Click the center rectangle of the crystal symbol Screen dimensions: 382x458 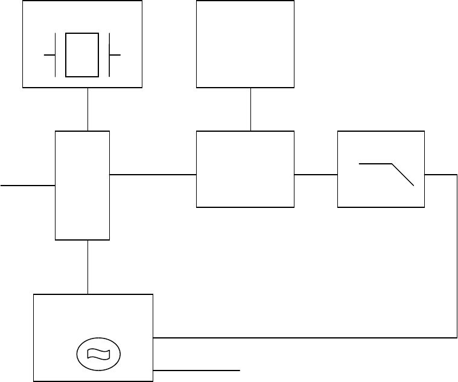click(x=82, y=55)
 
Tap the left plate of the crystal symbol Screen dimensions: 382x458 click(x=56, y=55)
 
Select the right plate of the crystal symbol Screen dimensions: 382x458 click(x=109, y=55)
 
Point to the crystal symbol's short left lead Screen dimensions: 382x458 click(x=50, y=55)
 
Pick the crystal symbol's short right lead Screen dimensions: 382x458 click(x=115, y=55)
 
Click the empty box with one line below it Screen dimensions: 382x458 click(x=246, y=44)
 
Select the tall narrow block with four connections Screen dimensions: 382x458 click(x=82, y=185)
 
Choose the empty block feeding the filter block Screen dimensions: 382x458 click(x=246, y=169)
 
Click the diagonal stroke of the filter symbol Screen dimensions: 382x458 click(x=403, y=174)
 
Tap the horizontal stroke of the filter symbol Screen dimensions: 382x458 click(x=375, y=164)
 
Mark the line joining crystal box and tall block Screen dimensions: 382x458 click(x=88, y=109)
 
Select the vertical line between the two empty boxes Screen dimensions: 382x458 click(x=250, y=109)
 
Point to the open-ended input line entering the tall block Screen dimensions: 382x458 click(x=28, y=186)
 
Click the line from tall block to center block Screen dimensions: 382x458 click(x=153, y=175)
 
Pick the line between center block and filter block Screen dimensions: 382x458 click(x=316, y=175)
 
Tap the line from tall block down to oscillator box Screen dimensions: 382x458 click(x=88, y=267)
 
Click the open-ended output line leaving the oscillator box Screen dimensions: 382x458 click(x=197, y=369)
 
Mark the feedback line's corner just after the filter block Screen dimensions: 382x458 click(x=456, y=175)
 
